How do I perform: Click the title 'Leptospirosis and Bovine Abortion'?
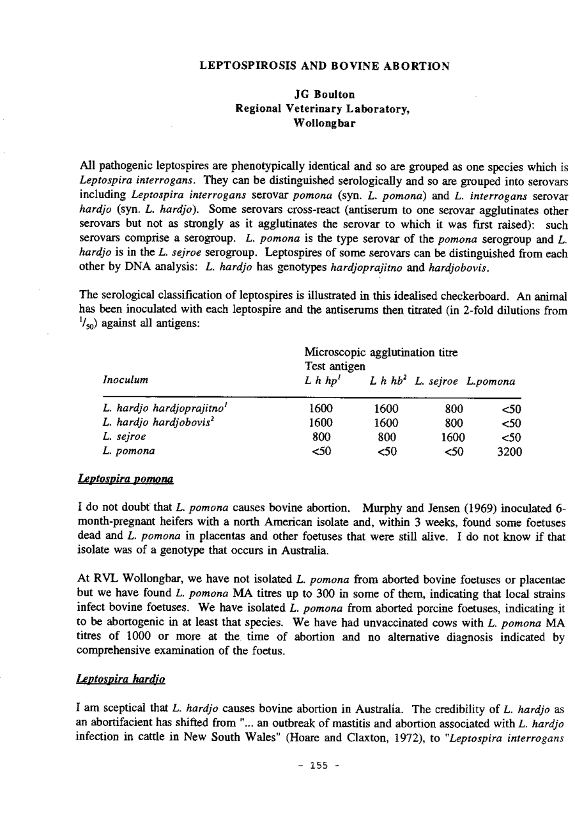[325, 66]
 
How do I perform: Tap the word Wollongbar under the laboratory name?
[325, 122]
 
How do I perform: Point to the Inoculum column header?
[125, 381]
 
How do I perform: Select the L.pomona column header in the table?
[491, 381]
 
